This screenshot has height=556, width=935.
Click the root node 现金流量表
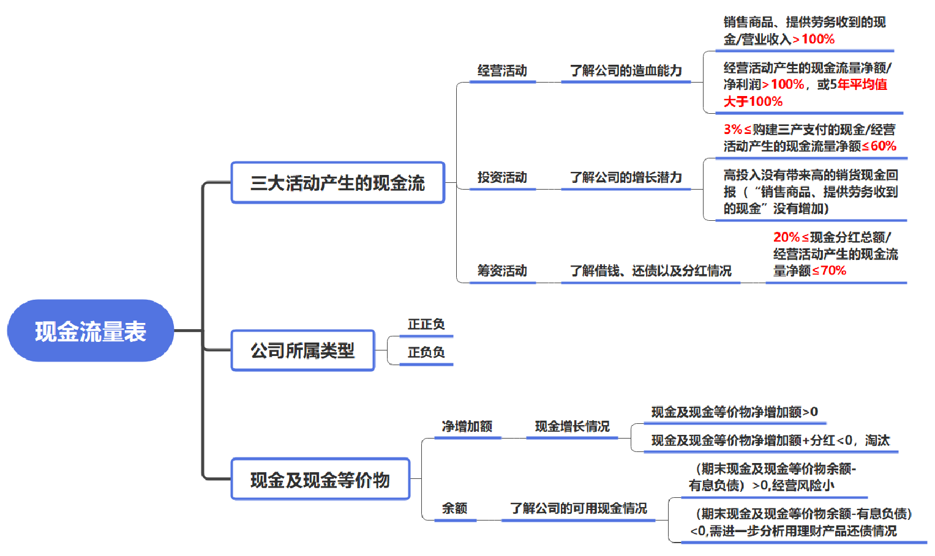[91, 331]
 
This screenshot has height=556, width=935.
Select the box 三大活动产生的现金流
[337, 183]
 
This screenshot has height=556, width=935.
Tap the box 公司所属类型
[302, 350]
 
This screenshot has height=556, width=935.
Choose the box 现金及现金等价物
[320, 479]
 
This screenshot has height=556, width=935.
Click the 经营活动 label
[502, 70]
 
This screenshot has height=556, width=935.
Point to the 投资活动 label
[502, 177]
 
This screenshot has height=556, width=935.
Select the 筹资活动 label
[502, 271]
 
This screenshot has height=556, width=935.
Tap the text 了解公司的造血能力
[626, 70]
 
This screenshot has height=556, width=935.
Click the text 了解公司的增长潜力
[626, 177]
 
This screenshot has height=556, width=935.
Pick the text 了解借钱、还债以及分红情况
[651, 271]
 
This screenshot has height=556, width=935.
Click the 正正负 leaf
[426, 324]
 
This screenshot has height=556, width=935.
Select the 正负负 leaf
[426, 352]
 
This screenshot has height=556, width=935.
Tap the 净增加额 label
[467, 426]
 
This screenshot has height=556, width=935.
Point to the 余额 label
[454, 508]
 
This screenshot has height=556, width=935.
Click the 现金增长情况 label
[573, 426]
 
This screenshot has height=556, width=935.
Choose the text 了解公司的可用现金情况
[579, 508]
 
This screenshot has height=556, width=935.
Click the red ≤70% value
[829, 271]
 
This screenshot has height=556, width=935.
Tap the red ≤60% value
[879, 146]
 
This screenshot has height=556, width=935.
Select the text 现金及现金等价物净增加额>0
[735, 412]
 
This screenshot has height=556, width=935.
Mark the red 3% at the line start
[733, 129]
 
